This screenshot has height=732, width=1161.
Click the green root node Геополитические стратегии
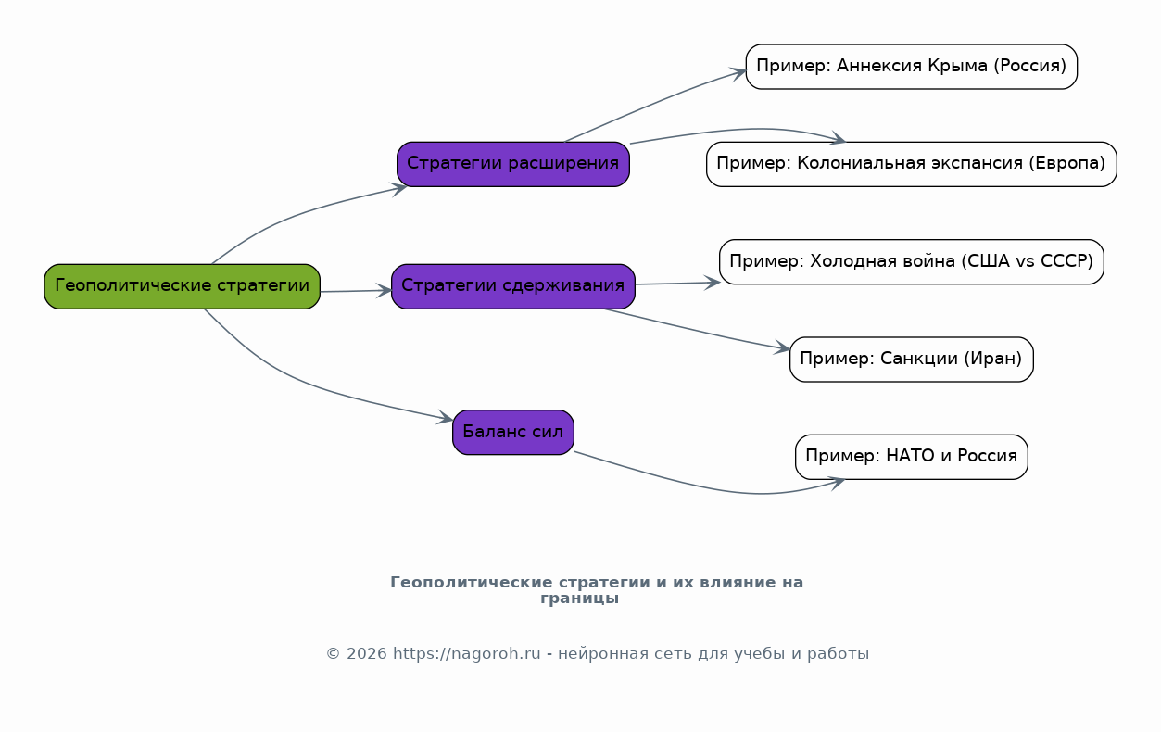coord(182,286)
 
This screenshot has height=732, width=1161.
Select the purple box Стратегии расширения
coord(512,164)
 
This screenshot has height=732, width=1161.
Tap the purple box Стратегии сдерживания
coord(512,286)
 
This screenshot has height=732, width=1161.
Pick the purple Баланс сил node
coord(512,433)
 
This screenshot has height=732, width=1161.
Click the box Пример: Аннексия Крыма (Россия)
coord(911,67)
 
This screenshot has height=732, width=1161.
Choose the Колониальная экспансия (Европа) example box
coord(911,164)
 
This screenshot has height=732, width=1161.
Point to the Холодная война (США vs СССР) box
coord(911,262)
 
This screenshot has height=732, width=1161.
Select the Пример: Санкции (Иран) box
coord(911,360)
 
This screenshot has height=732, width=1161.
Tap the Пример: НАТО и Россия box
coord(911,457)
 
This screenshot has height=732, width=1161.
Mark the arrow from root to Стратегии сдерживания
coord(356,291)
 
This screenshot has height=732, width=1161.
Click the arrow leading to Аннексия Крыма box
coord(658,102)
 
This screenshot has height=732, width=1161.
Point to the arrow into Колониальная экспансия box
coord(741,130)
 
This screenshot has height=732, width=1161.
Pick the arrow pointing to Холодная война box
coord(676,284)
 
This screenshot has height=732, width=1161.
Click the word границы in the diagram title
coord(579,599)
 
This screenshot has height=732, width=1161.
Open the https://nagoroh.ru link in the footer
coord(466,654)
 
